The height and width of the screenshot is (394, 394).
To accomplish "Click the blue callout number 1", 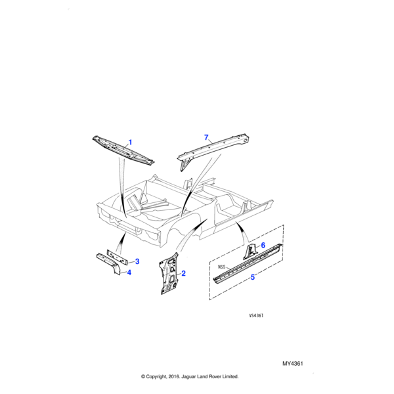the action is coord(130,142).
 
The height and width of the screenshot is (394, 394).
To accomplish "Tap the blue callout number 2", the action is coord(183,273).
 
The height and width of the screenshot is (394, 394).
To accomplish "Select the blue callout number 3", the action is coord(137,261).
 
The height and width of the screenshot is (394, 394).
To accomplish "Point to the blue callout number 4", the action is coord(129,273).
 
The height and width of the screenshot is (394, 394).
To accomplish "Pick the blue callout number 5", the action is coord(253,277).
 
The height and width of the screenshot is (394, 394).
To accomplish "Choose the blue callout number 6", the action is coord(263,245).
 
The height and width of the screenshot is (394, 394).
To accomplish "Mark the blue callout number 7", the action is coord(206,138).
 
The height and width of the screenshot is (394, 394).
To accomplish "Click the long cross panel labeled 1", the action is coord(123,150).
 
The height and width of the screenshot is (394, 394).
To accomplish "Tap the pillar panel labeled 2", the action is coord(169,274).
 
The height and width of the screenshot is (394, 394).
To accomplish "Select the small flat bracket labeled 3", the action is coord(118,257).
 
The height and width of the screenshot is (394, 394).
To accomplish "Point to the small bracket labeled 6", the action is coord(250,252).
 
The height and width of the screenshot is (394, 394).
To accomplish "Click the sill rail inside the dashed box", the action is coord(248,263).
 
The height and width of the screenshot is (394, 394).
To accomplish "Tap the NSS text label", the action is coord(222,267).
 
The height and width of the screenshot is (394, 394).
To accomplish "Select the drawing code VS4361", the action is coord(256,316).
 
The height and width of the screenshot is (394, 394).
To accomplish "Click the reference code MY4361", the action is coord(293,364).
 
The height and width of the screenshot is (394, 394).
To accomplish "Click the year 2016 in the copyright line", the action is coord(173,376).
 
